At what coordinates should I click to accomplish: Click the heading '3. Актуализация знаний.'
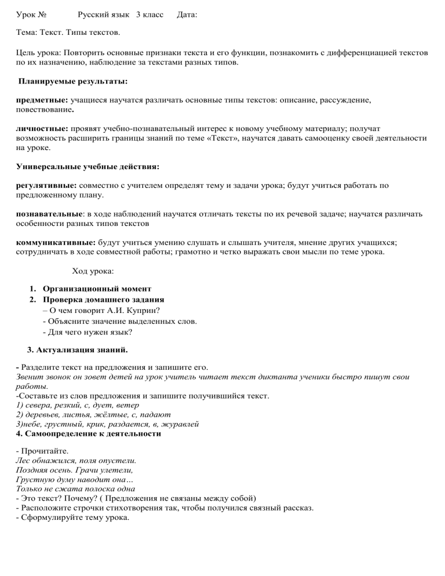[78, 350]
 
